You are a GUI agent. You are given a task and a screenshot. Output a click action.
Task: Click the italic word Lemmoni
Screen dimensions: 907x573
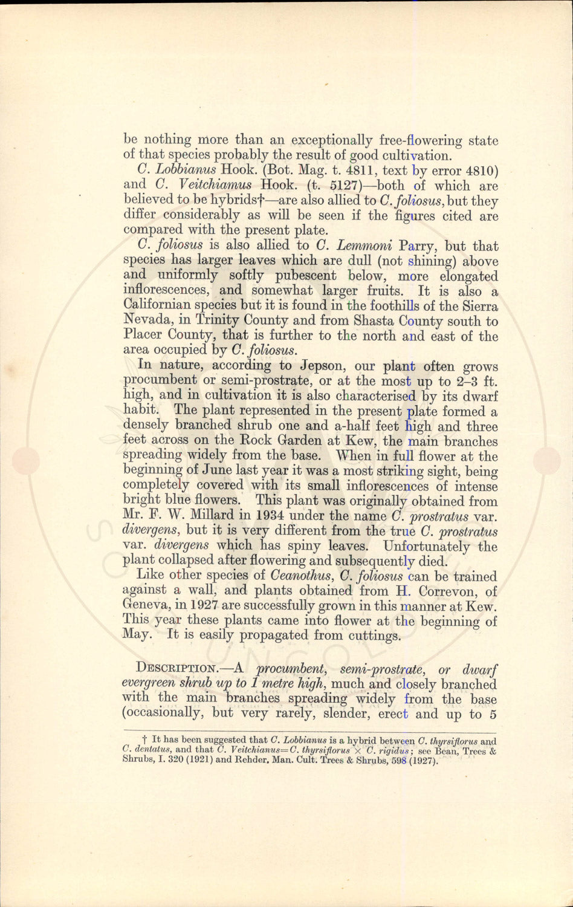pos(355,245)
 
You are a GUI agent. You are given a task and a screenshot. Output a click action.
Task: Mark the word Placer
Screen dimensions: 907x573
pos(143,336)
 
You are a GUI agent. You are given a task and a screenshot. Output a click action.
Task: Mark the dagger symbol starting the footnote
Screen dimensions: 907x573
pos(145,740)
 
